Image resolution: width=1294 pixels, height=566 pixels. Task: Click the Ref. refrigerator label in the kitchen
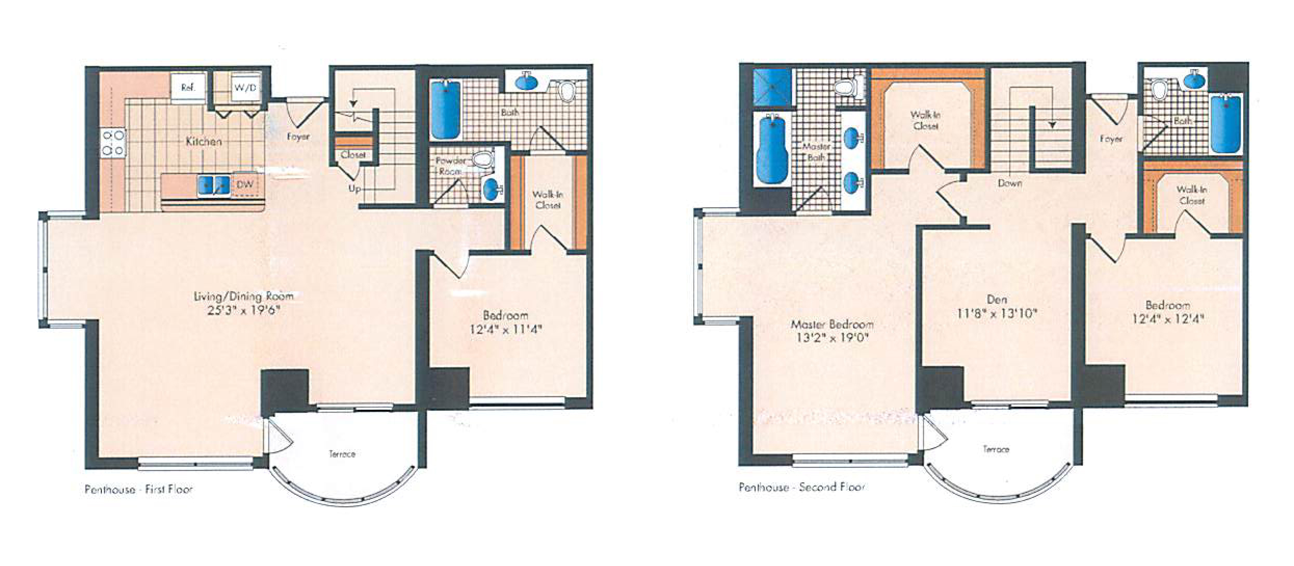pos(188,88)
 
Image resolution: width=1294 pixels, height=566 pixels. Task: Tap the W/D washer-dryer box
pos(245,88)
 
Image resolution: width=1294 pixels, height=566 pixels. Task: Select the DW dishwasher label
pos(245,185)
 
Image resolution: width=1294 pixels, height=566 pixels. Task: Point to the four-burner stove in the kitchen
pos(113,143)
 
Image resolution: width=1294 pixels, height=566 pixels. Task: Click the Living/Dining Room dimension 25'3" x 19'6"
pos(244,311)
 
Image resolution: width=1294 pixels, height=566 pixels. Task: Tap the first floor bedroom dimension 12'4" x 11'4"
pos(506,329)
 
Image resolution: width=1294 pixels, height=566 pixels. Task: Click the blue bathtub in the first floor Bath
pos(445,110)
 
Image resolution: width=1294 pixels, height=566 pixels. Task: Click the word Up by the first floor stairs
pos(355,189)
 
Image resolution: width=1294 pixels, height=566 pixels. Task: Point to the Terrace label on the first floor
pos(342,454)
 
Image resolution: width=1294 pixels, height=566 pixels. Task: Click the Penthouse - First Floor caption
pos(139,489)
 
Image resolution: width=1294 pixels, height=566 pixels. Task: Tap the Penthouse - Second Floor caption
pos(802,487)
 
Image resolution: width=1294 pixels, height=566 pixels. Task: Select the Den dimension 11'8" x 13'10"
pos(997,314)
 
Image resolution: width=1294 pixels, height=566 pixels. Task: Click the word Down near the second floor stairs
pos(1010,183)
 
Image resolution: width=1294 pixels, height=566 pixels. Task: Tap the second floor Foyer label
pos(1111,139)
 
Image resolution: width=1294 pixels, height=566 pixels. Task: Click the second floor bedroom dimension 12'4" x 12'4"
pos(1168,319)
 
